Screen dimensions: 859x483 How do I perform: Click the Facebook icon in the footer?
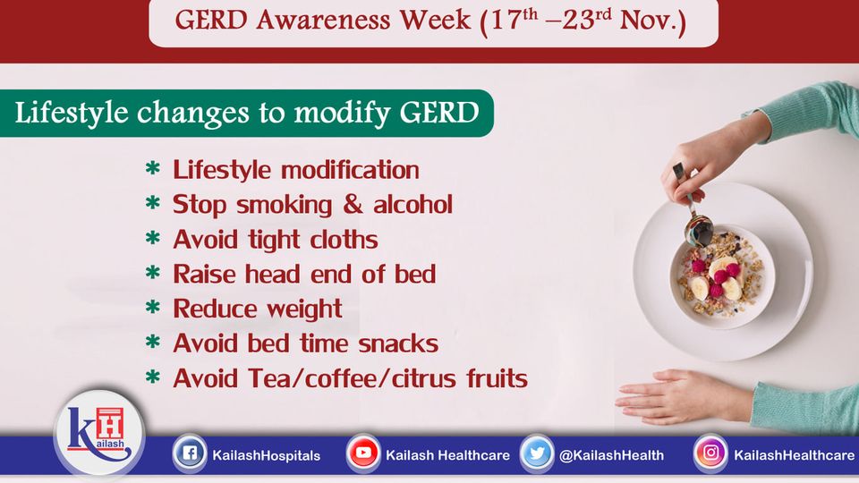tap(190, 453)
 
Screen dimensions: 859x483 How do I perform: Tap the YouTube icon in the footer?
tap(363, 453)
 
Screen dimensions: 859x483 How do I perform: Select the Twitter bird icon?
tap(537, 453)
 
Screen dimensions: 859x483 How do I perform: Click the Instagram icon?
tap(710, 453)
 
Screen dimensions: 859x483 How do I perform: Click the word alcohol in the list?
tap(413, 204)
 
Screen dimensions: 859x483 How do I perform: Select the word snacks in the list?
tap(398, 343)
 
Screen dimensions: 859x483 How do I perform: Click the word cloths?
tap(344, 240)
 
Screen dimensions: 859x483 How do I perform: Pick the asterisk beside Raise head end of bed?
tap(153, 272)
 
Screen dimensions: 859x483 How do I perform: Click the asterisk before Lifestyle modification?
tap(153, 167)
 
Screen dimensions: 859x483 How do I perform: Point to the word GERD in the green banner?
tap(439, 113)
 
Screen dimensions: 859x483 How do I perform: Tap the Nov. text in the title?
tap(653, 21)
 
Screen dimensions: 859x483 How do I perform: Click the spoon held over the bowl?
tap(693, 208)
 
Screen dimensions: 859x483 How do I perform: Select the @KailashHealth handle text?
tap(611, 455)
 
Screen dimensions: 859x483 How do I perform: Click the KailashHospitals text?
tap(267, 455)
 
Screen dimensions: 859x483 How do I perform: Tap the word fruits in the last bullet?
tap(497, 378)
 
